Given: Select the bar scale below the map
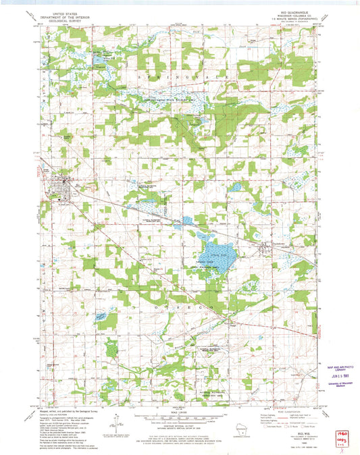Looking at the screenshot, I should coord(179,419).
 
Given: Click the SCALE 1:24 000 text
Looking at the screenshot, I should coord(179,413).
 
